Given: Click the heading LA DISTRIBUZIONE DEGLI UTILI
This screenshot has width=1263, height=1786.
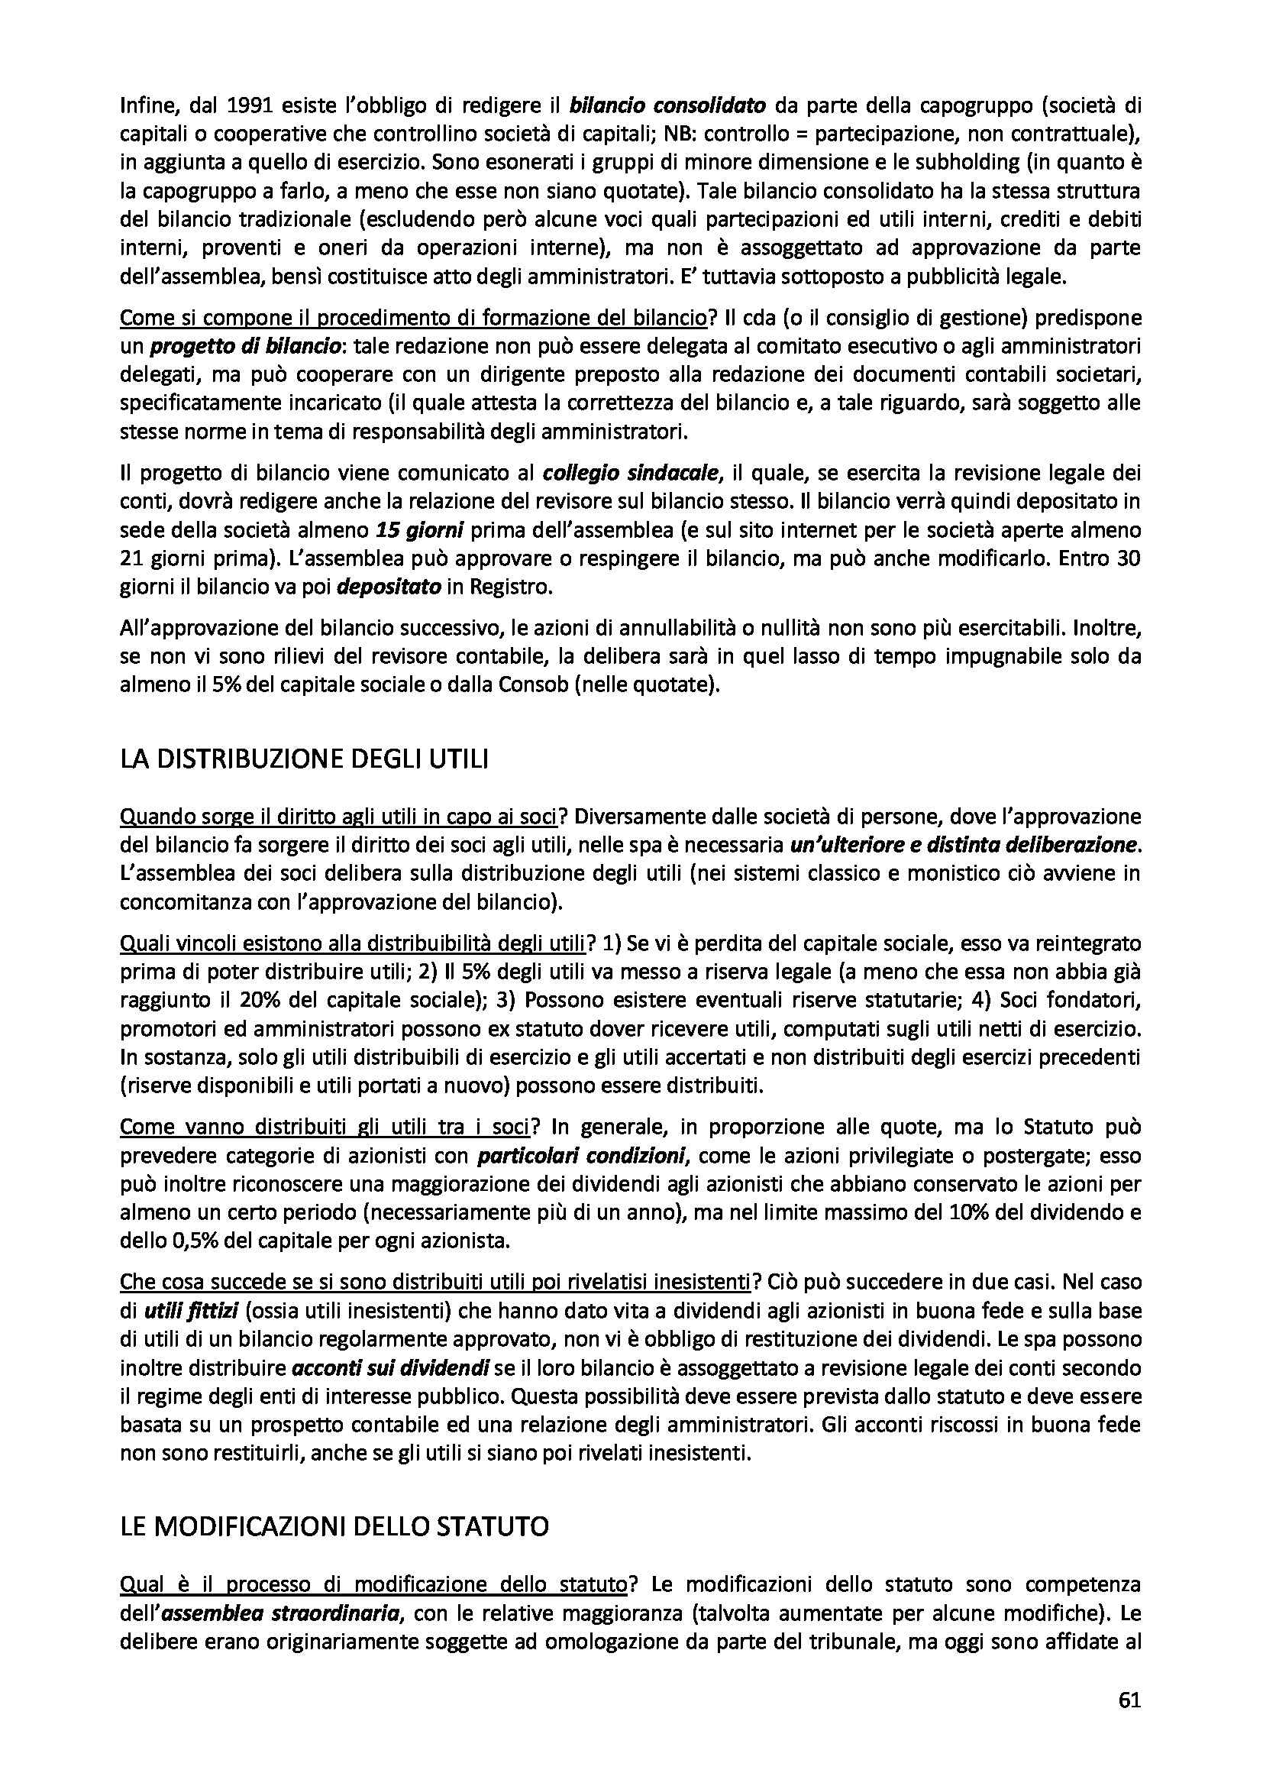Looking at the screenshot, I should tap(304, 759).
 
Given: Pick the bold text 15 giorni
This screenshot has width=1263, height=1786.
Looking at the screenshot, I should tap(419, 531).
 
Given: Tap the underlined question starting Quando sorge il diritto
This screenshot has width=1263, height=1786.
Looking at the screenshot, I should tap(339, 817).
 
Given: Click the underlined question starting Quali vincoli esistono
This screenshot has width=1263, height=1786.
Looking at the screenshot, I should tap(351, 944).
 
